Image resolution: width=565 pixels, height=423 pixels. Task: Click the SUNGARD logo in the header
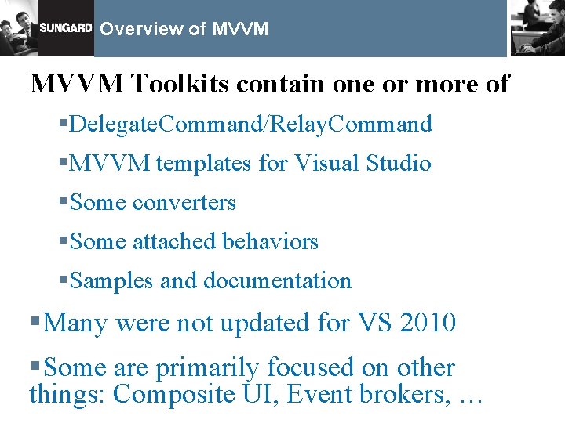pyautogui.click(x=65, y=28)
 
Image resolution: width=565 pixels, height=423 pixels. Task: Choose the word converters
pyautogui.click(x=184, y=203)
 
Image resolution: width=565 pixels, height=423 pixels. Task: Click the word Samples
pyautogui.click(x=111, y=280)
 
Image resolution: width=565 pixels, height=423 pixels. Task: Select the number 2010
pyautogui.click(x=426, y=322)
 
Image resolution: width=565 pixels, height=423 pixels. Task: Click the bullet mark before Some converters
pyautogui.click(x=64, y=203)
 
